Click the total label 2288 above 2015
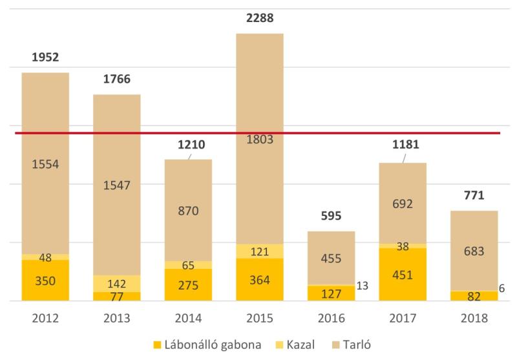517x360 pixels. click(x=260, y=18)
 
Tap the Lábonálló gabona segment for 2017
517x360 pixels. click(x=403, y=275)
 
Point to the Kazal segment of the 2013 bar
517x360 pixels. click(x=117, y=284)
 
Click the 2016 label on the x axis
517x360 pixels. click(x=331, y=318)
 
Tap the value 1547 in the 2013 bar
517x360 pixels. click(x=117, y=185)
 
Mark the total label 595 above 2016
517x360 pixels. click(x=331, y=216)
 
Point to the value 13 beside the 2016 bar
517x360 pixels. click(x=363, y=285)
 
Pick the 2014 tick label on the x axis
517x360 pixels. click(x=188, y=318)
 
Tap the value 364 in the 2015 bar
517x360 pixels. click(x=260, y=281)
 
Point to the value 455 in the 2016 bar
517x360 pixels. click(x=331, y=258)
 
